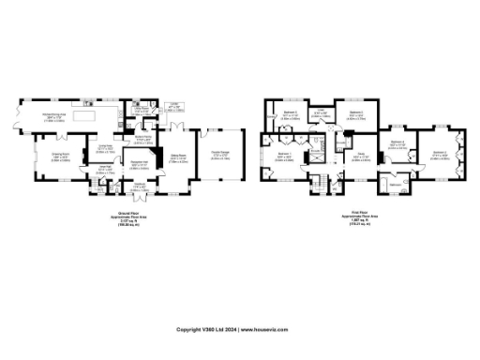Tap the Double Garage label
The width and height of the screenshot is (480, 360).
[x=221, y=157]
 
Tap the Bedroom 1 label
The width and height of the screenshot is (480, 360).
[x=285, y=156]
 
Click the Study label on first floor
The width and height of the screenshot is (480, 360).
[x=359, y=157]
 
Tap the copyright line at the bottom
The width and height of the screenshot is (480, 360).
[x=239, y=330]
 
